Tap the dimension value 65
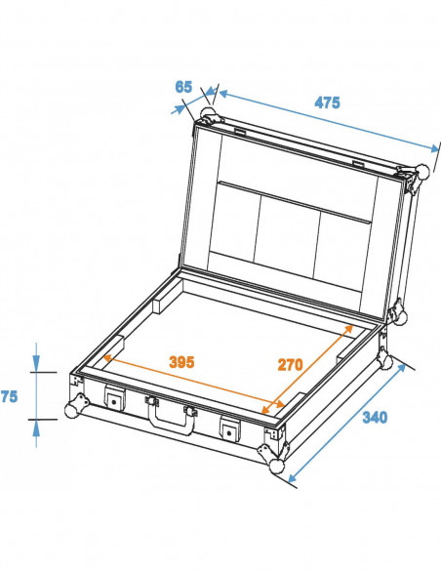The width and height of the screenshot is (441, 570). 183,87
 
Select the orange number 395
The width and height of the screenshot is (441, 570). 180,361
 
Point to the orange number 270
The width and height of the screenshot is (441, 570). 291,364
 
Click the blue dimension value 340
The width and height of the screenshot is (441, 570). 374,418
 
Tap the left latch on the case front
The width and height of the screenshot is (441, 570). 115,400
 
